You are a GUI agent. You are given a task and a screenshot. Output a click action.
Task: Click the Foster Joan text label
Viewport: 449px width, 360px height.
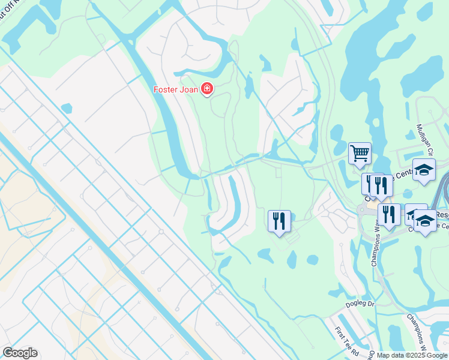point(175,90)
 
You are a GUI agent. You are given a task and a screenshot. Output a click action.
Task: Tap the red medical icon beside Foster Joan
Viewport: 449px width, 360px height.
point(208,89)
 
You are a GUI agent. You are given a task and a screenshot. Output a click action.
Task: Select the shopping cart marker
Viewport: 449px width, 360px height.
point(360,153)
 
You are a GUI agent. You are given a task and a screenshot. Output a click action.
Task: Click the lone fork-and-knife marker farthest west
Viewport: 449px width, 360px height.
point(279,221)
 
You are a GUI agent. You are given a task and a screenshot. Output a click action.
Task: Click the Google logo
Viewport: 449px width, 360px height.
point(20,353)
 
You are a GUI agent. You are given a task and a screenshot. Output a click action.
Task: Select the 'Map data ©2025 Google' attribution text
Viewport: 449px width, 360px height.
point(412,355)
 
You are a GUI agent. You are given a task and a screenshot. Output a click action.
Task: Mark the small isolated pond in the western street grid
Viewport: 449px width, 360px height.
point(66,109)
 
